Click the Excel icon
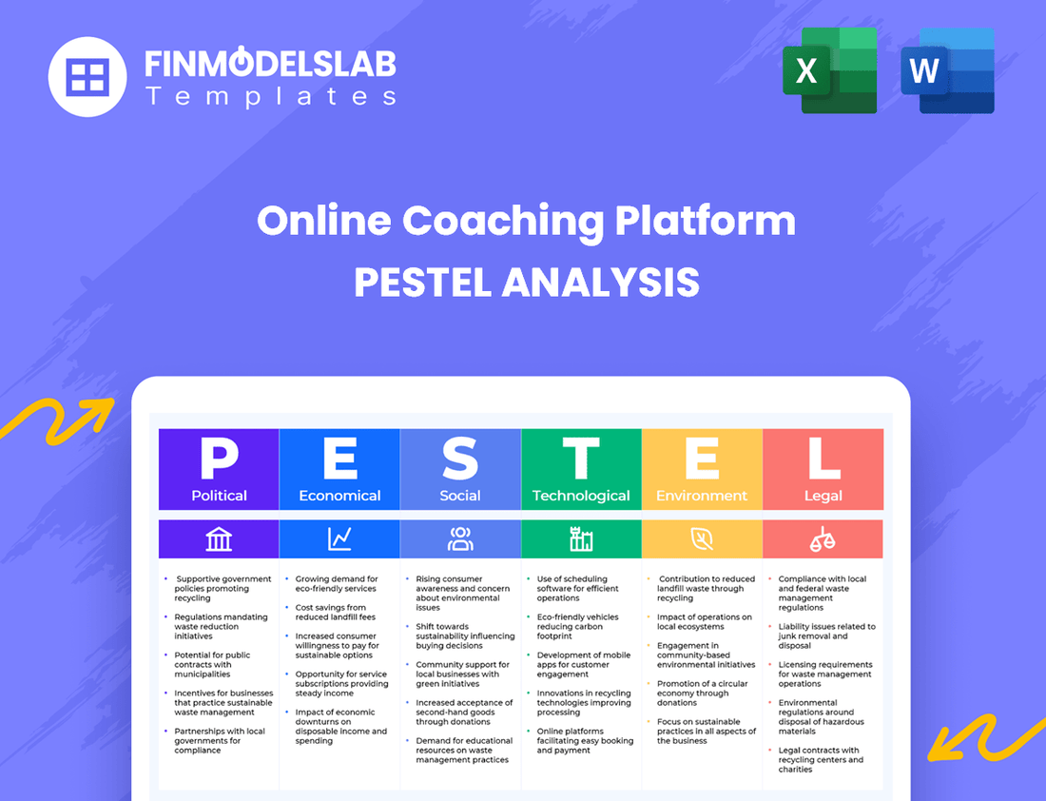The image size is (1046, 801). pyautogui.click(x=829, y=70)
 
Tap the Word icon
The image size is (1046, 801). pyautogui.click(x=947, y=70)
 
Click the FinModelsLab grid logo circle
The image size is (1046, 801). pyautogui.click(x=87, y=76)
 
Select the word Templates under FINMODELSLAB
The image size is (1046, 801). pyautogui.click(x=271, y=96)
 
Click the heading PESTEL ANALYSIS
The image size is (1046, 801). pyautogui.click(x=526, y=283)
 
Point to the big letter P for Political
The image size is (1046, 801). pyautogui.click(x=219, y=459)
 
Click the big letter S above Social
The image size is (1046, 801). pyautogui.click(x=460, y=459)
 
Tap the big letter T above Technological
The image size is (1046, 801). pyautogui.click(x=581, y=459)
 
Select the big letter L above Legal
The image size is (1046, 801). pyautogui.click(x=823, y=459)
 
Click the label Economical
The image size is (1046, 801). pyautogui.click(x=339, y=496)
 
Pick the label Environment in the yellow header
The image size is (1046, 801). pyautogui.click(x=702, y=496)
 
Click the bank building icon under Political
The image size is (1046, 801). pyautogui.click(x=219, y=539)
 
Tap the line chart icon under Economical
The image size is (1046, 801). pyautogui.click(x=339, y=539)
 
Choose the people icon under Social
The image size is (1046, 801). pyautogui.click(x=460, y=539)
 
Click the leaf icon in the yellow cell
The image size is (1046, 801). pyautogui.click(x=702, y=539)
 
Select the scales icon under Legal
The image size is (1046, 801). pyautogui.click(x=823, y=539)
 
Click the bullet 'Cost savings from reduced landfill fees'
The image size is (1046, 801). pyautogui.click(x=331, y=613)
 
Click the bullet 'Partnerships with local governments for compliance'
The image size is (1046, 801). pyautogui.click(x=220, y=741)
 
